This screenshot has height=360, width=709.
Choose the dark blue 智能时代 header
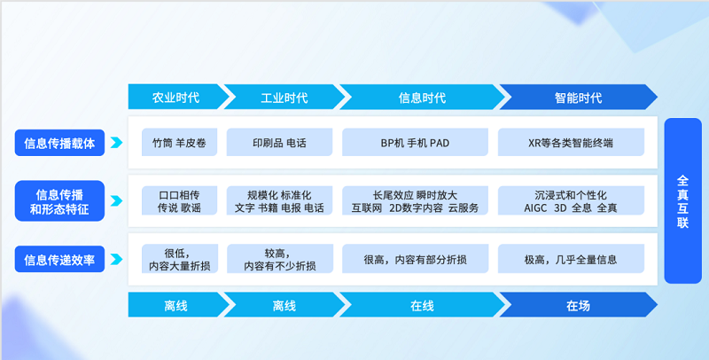(577, 98)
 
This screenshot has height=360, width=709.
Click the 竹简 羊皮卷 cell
(178, 142)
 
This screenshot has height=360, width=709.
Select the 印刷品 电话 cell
(279, 142)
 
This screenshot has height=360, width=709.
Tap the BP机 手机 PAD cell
(415, 142)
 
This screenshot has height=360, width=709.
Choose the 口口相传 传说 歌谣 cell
(178, 200)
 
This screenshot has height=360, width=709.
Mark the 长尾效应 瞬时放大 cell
(415, 200)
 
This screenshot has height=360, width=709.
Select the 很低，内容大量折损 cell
(178, 259)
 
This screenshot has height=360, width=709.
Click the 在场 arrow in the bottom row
(577, 306)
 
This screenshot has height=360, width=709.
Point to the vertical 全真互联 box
(682, 200)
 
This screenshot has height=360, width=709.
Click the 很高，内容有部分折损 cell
(415, 260)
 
